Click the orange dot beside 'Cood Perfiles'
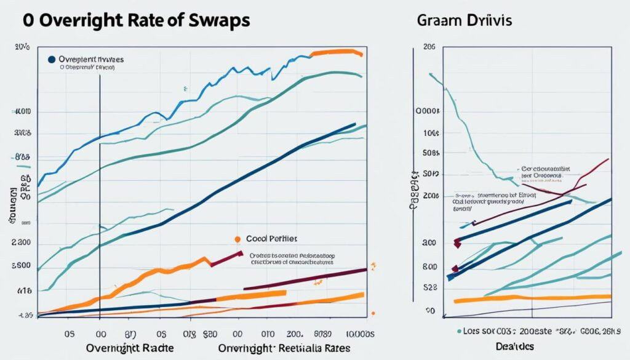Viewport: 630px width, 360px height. (x=237, y=239)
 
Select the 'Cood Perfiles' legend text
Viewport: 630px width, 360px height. (x=271, y=238)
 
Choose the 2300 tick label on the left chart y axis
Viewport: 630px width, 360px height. (x=21, y=243)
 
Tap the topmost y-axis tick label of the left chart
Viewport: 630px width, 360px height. (x=22, y=47)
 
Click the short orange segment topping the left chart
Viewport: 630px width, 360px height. (x=335, y=52)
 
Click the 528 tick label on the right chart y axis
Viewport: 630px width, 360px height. (x=431, y=287)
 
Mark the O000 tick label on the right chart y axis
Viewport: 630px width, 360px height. (x=429, y=112)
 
